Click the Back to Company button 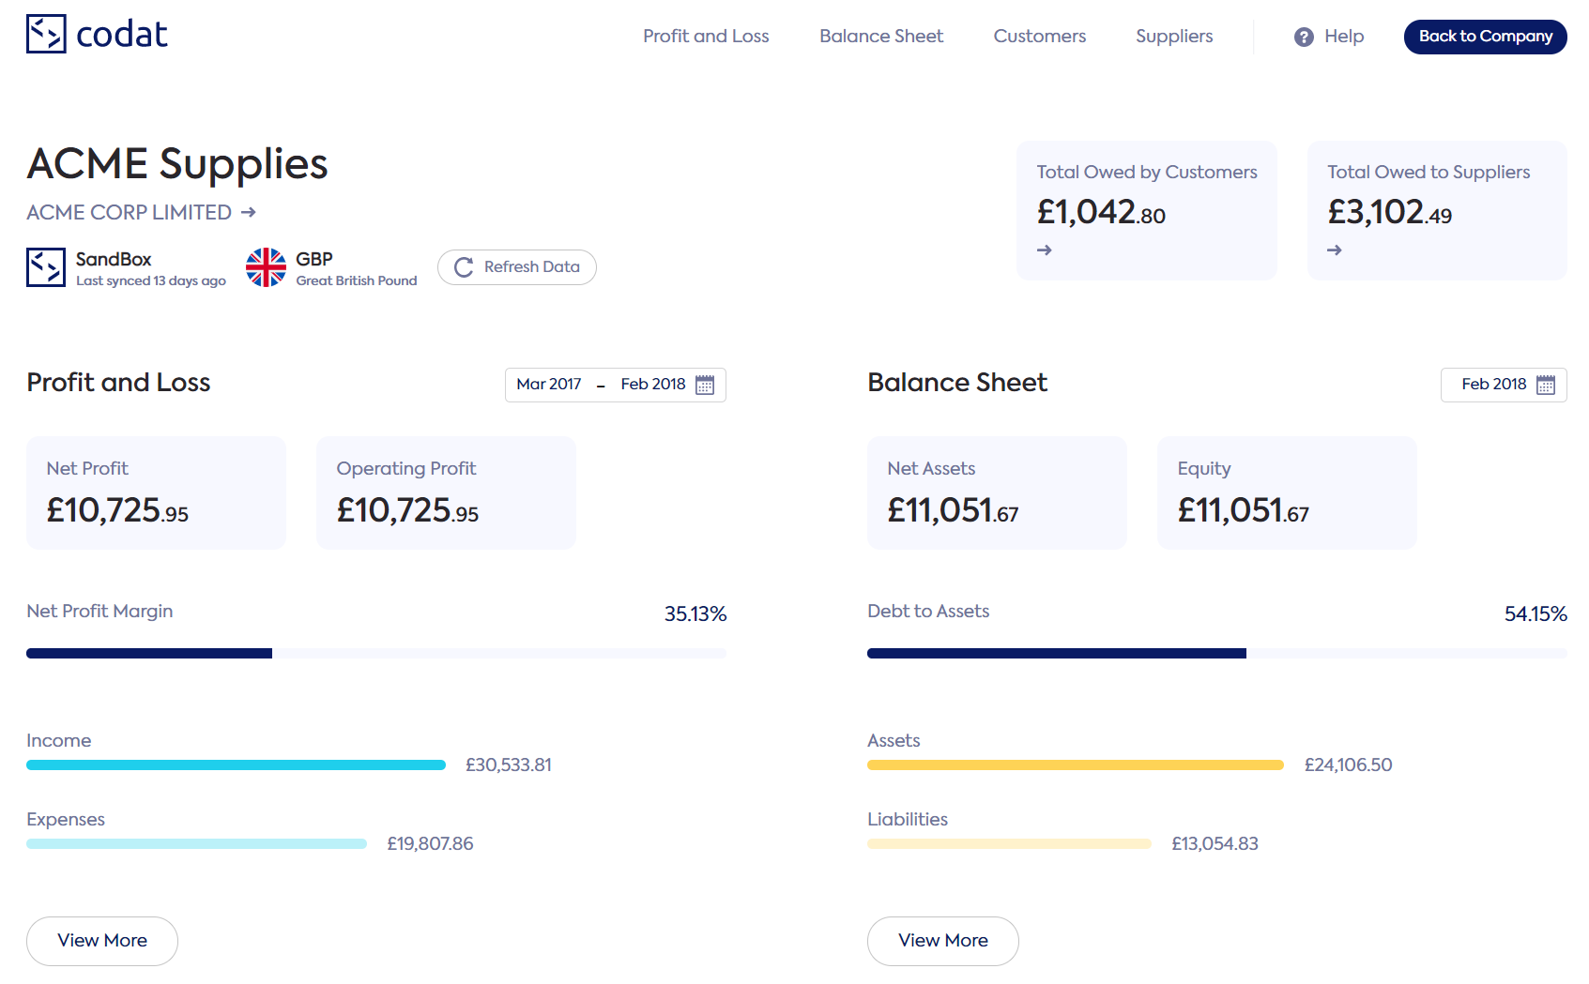1485,37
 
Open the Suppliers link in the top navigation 1173,37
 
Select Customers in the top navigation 1039,37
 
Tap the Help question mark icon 1304,38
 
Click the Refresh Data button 516,267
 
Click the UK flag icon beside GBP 266,267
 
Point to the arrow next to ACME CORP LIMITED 249,213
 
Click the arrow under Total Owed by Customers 1045,250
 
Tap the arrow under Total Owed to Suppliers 1335,250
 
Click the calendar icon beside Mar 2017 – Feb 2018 705,386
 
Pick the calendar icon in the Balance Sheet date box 1546,386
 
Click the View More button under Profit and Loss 102,941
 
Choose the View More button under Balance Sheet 942,941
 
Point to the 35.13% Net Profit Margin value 695,614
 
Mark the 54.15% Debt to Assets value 1536,614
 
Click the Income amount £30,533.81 509,765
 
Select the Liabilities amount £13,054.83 1215,844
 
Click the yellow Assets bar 1075,765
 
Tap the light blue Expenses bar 196,844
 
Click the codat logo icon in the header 46,34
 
